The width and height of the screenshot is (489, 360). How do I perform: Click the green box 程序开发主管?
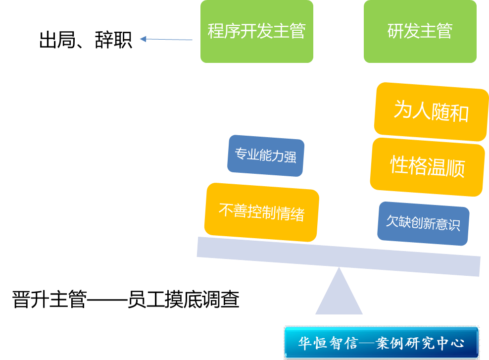pos(256,32)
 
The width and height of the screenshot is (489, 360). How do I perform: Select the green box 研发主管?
pos(420,32)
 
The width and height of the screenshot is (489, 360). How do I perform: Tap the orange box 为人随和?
pos(431,111)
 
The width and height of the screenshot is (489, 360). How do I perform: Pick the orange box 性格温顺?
pos(427,166)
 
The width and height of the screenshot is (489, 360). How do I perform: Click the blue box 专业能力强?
pos(266,156)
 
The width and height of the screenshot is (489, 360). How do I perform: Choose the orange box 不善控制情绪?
pos(261,212)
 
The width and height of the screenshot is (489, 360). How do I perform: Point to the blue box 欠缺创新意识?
pos(423,223)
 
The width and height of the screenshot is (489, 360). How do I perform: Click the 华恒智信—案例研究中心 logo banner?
pos(381,342)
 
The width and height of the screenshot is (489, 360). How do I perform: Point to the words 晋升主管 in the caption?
pos(49,300)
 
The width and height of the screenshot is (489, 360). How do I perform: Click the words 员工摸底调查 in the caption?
pos(183,300)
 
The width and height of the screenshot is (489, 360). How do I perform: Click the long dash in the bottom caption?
pos(107,300)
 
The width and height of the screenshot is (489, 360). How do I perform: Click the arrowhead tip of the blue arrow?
pos(142,39)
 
